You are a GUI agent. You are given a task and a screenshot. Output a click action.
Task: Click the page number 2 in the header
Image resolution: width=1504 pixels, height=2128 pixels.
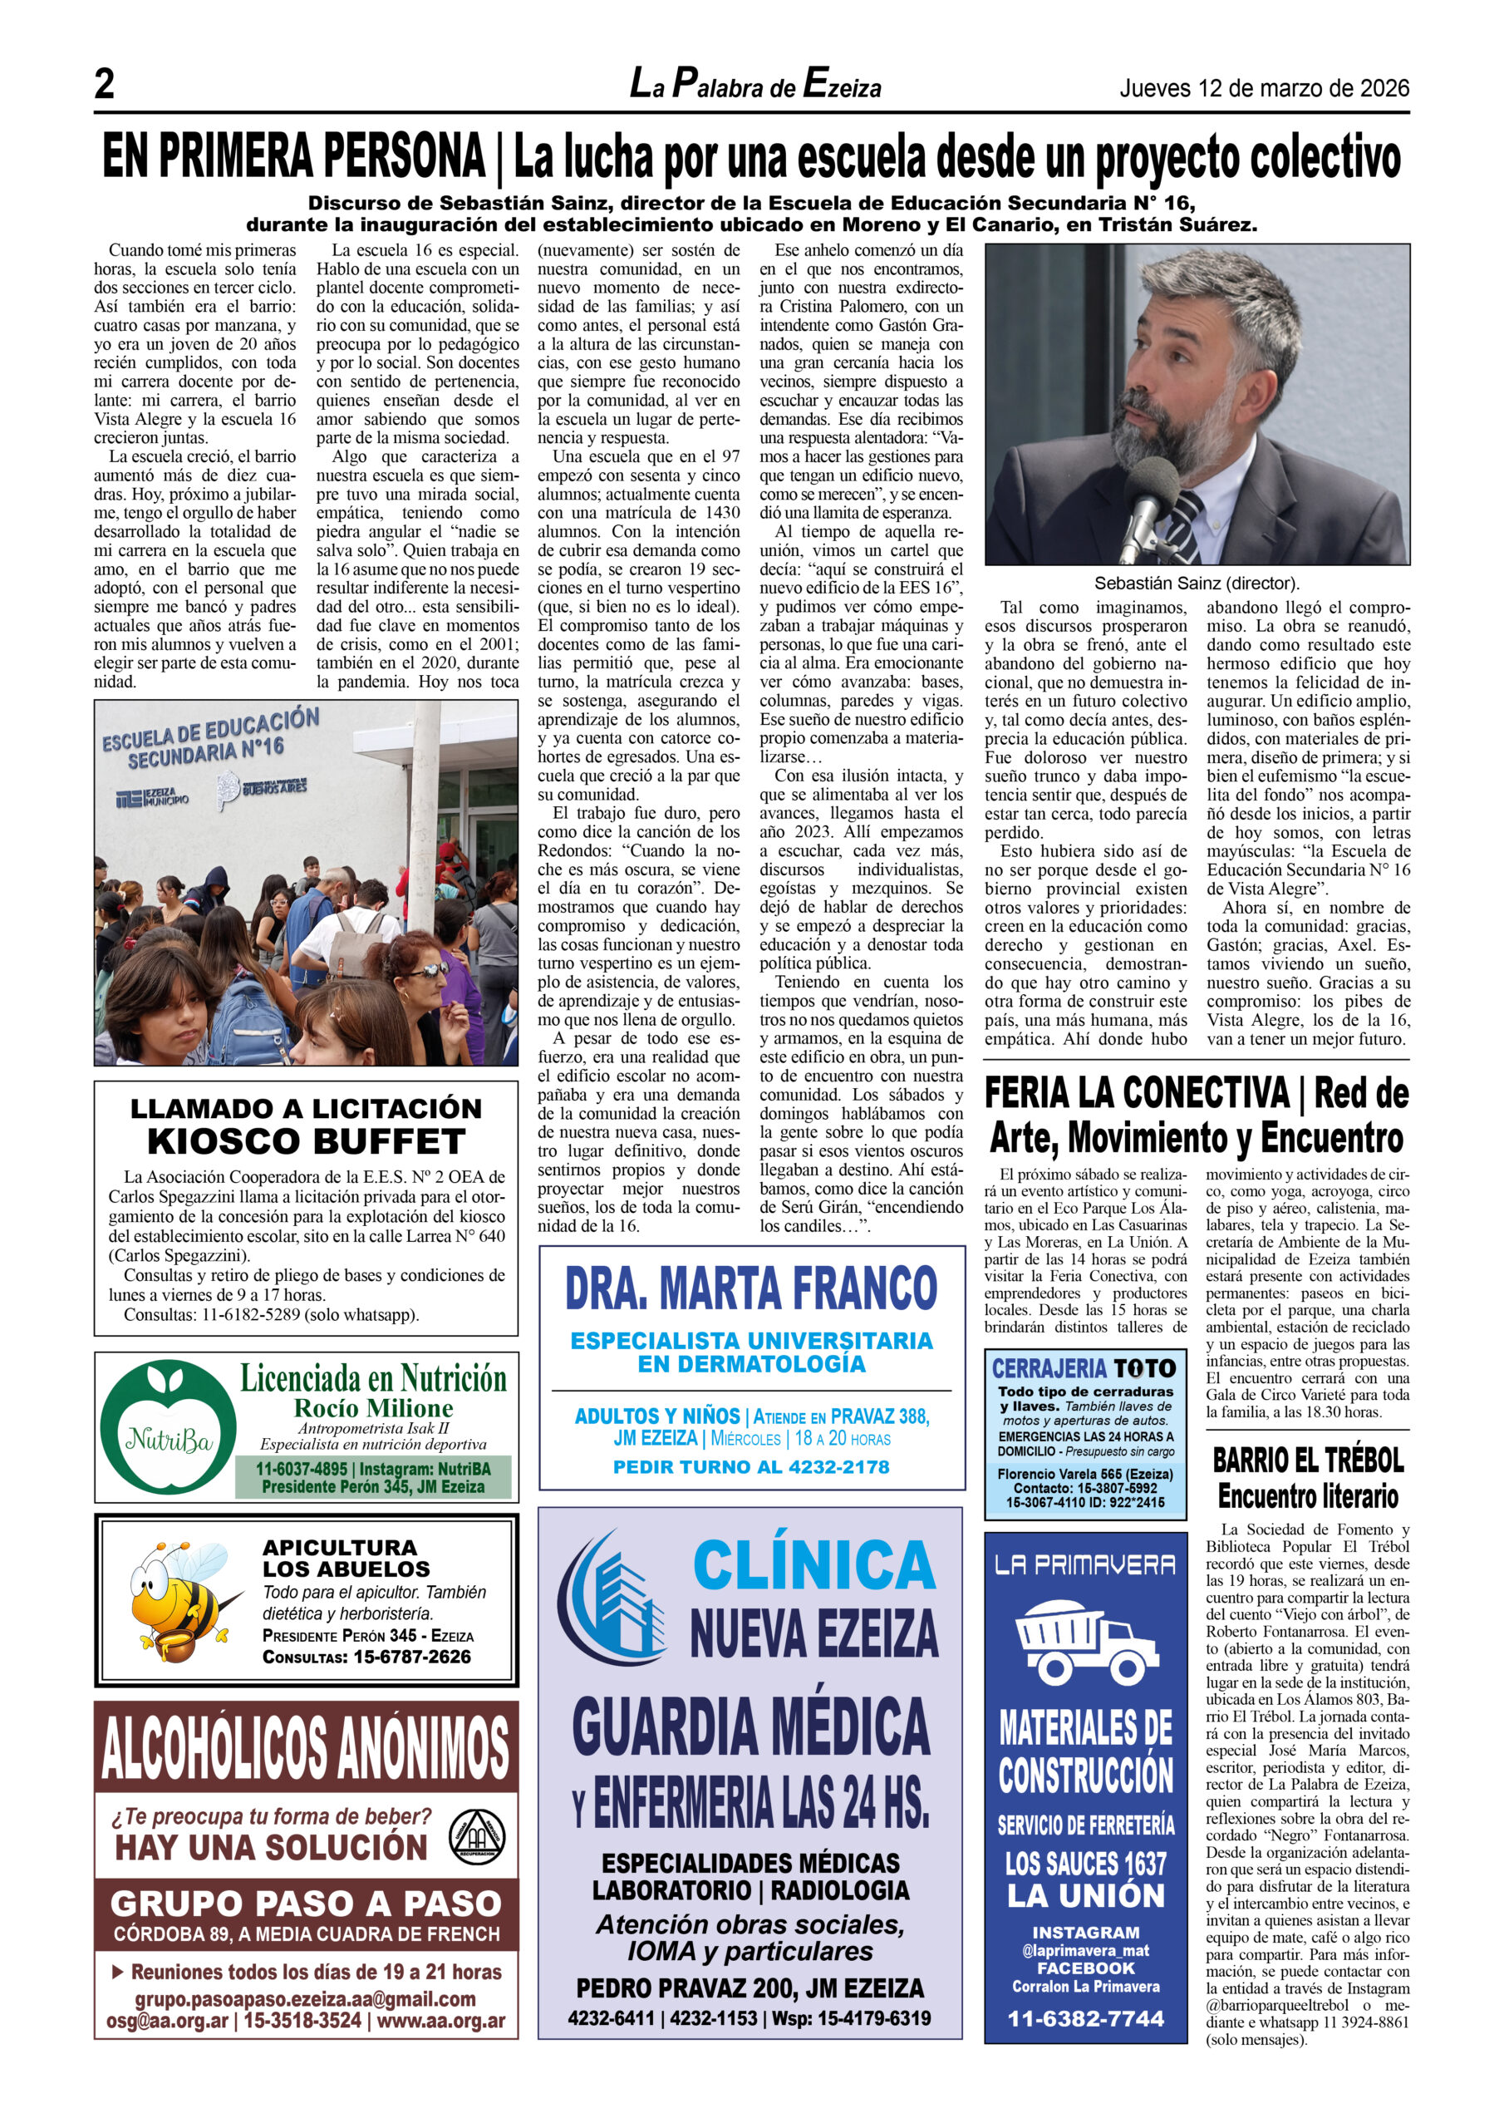pos(105,86)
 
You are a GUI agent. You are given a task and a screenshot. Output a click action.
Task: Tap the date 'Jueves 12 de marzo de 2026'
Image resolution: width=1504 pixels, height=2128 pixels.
pos(1264,89)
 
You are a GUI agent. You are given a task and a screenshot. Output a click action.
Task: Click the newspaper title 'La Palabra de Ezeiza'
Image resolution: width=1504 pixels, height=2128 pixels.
pos(755,86)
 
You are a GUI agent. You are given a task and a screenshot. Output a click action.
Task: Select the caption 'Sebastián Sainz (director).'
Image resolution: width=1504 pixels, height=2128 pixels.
pos(1197,583)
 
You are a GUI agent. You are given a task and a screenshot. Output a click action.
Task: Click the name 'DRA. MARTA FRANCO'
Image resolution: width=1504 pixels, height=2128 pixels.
pos(750,1288)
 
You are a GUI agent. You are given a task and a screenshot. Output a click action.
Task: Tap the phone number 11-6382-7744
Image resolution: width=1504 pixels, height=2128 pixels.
pos(1085,2017)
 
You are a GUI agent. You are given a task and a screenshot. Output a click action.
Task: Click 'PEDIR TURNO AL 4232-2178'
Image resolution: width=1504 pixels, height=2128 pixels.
pos(750,1467)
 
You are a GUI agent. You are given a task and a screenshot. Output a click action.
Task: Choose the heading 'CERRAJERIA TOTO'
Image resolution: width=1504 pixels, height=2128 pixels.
pos(1084,1368)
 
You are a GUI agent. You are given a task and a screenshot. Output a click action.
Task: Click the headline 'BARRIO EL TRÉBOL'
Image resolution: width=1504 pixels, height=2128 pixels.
pos(1308,1461)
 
